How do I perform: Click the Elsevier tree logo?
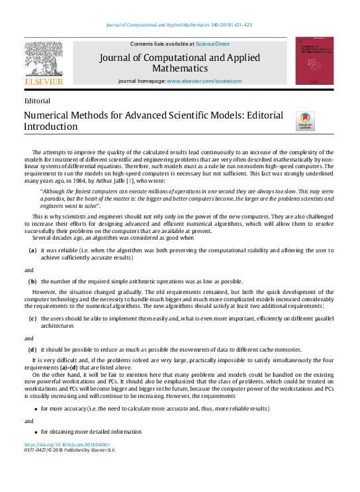click(44, 58)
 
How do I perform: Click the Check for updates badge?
click(305, 121)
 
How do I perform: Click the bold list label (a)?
click(32, 250)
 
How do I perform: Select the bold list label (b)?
click(32, 281)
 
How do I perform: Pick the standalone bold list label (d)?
click(32, 349)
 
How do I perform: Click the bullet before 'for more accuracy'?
click(34, 409)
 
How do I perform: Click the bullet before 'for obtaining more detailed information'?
click(34, 432)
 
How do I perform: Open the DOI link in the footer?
click(67, 444)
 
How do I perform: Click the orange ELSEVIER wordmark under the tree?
click(44, 81)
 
